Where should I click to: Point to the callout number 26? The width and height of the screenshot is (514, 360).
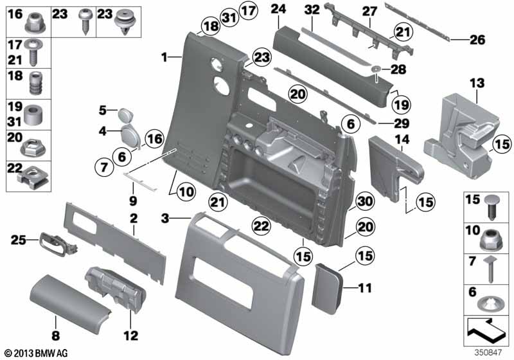(x=476, y=40)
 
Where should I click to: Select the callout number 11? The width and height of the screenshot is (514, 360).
(x=364, y=289)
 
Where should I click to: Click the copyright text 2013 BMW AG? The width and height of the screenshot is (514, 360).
(x=37, y=352)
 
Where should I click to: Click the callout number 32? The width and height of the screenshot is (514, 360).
(x=312, y=10)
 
